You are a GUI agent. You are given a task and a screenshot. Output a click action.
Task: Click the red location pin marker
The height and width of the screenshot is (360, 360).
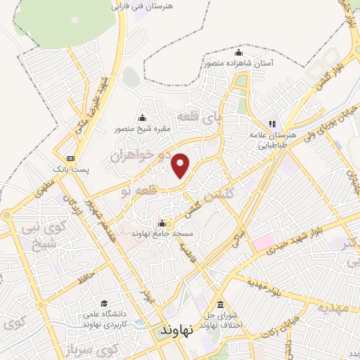coord(181,166)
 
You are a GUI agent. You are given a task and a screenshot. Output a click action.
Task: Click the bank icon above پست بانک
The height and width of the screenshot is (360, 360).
coord(70,159)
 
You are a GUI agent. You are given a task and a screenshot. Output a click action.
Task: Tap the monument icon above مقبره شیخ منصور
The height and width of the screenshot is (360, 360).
coord(143,118)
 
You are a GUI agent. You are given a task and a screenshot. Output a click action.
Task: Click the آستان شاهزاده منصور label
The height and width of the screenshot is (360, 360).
coord(239,63)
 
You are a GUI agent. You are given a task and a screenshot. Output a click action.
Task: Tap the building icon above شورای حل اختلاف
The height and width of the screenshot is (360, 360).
coord(220,304)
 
